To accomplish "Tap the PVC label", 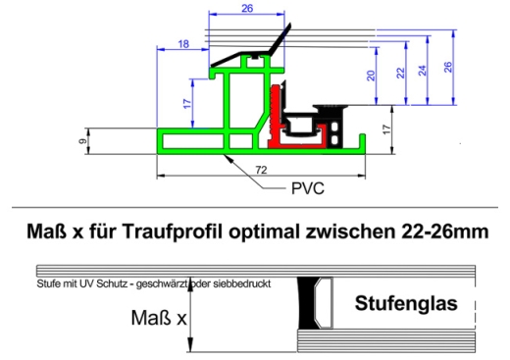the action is point(307,186).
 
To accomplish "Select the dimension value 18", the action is point(184,44).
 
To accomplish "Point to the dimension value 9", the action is point(83,140).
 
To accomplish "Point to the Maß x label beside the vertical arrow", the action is point(156,318).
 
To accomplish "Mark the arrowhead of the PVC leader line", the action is point(229,156).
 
